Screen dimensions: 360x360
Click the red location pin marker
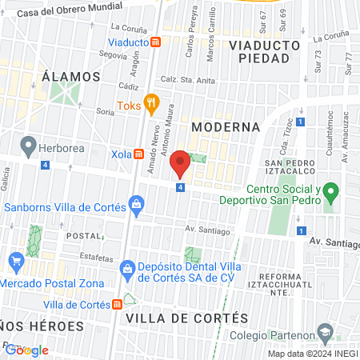(180, 162)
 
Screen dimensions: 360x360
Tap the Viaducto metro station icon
(157, 41)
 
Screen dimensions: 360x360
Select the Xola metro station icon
(138, 153)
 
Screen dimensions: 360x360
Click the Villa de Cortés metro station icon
(118, 304)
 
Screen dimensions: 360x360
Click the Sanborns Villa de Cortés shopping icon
(138, 206)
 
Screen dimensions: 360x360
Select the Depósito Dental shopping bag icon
(126, 268)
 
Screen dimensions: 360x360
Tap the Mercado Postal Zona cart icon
(15, 261)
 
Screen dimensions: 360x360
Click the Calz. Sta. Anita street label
(189, 79)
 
